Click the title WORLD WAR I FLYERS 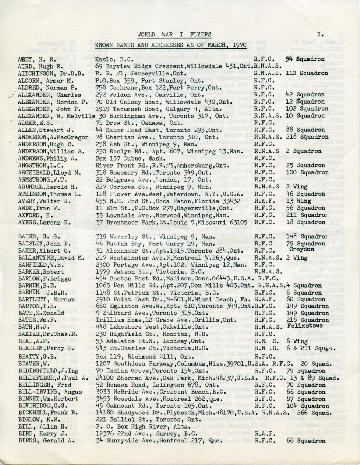(174, 35)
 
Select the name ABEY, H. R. (32, 60)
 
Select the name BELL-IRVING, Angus (50, 392)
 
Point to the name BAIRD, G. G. (37, 229)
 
